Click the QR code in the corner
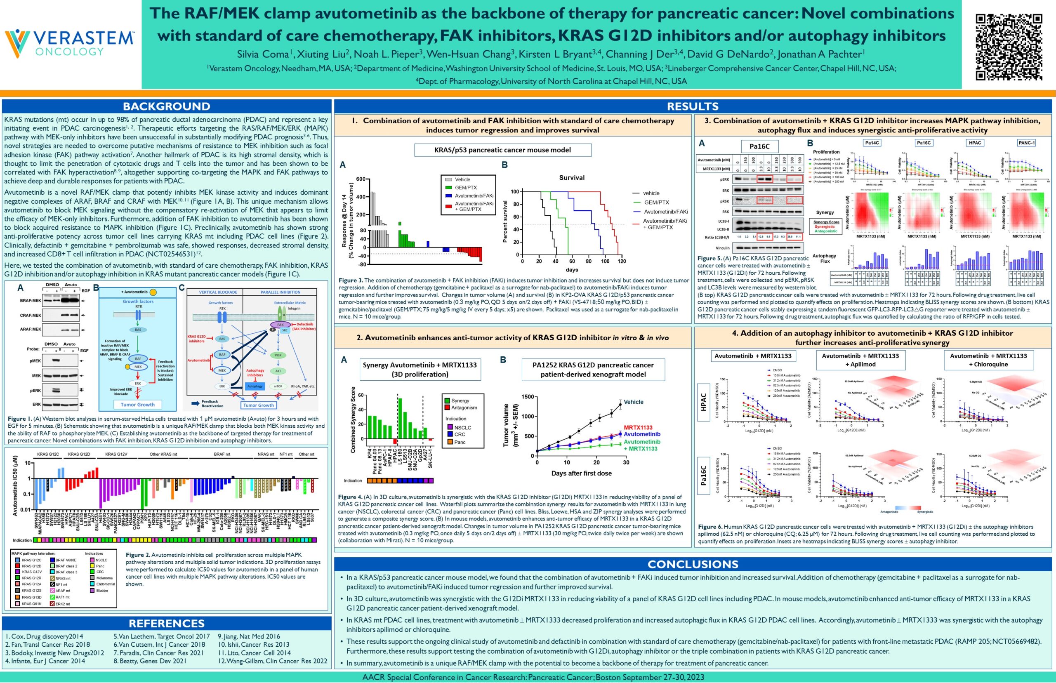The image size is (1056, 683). pos(1009,47)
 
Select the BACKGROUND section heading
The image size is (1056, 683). pos(166,106)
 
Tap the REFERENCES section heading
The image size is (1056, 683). pos(166,623)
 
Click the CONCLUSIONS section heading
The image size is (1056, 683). pos(692,564)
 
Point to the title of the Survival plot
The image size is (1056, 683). pos(571,177)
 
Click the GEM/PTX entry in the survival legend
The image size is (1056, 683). pos(656,202)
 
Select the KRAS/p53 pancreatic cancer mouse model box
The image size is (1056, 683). pos(502,150)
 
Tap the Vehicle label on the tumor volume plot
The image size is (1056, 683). pos(633,402)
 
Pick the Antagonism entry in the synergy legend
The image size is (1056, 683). pos(464,407)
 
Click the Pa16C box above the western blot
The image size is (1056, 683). pos(759,146)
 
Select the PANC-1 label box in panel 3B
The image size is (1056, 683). pos(1026,143)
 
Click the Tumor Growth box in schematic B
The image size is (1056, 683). pos(137,405)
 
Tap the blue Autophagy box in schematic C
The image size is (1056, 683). pos(255,386)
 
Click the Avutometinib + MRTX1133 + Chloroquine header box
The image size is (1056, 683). pos(988,360)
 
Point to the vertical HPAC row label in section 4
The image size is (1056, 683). pos(703,402)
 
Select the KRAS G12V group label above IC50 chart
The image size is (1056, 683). pos(116,454)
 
